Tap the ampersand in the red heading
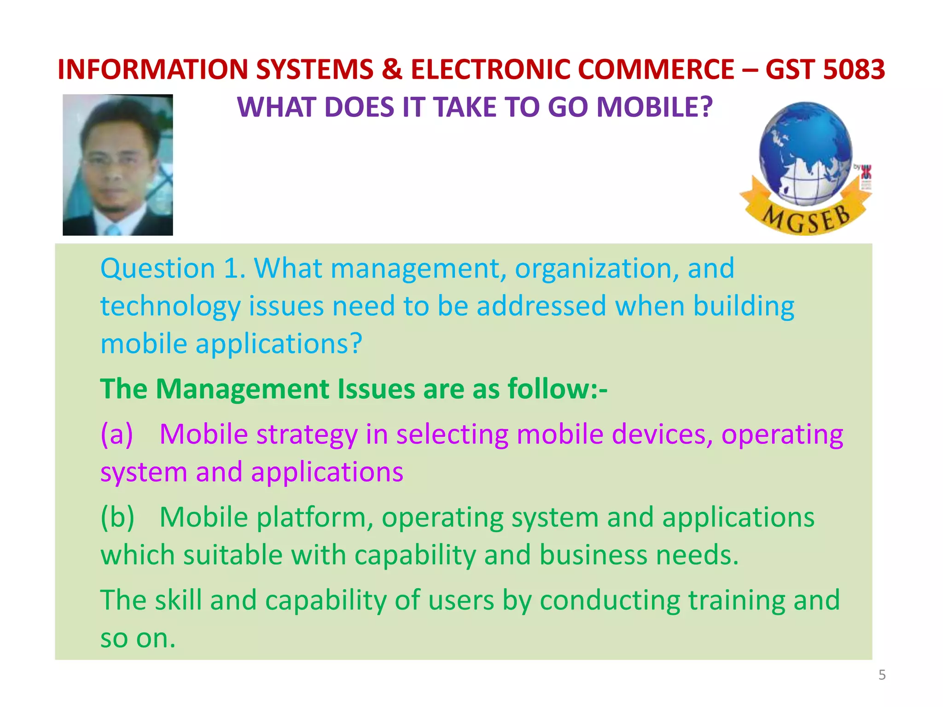pyautogui.click(x=391, y=70)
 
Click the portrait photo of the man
pyautogui.click(x=118, y=165)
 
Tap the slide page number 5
pyautogui.click(x=882, y=675)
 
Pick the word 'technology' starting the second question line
pyautogui.click(x=170, y=307)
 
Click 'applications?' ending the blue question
pyautogui.click(x=279, y=344)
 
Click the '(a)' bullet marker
pyautogui.click(x=116, y=434)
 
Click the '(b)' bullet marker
pyautogui.click(x=117, y=517)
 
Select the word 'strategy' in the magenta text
pyautogui.click(x=307, y=434)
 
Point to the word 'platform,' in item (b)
pyautogui.click(x=314, y=517)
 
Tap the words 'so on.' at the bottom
pyautogui.click(x=138, y=638)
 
